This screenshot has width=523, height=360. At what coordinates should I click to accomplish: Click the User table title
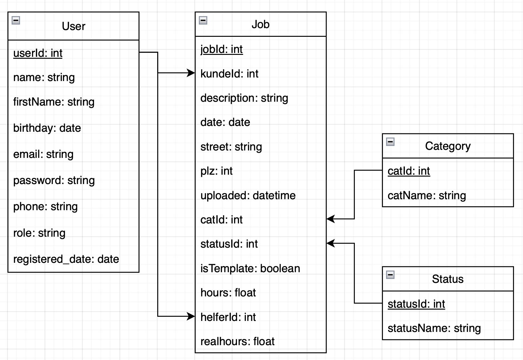click(x=74, y=26)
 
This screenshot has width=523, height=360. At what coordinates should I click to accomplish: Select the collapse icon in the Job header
click(x=203, y=21)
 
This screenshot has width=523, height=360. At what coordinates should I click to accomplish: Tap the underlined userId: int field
click(x=38, y=53)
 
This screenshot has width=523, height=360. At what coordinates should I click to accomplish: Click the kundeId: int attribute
click(x=229, y=74)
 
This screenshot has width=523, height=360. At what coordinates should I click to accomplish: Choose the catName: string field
click(x=426, y=195)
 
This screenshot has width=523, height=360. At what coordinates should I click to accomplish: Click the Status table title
click(x=447, y=279)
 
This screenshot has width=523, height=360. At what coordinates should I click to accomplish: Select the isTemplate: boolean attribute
click(x=250, y=268)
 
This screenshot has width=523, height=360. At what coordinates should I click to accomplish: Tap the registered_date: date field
click(x=66, y=259)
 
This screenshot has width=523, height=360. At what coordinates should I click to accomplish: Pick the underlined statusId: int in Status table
click(x=416, y=304)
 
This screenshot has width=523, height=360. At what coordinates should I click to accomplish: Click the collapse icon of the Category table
click(x=390, y=142)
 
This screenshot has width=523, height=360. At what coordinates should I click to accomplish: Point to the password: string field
click(x=54, y=180)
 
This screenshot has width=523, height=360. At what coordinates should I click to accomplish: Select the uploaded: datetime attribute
click(x=248, y=195)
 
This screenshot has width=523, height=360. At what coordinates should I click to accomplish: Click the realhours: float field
click(x=237, y=341)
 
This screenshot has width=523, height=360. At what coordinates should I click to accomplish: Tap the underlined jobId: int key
click(x=221, y=49)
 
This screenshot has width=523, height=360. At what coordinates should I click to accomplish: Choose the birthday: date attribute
click(x=47, y=128)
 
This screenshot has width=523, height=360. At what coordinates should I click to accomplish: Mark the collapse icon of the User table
click(x=16, y=21)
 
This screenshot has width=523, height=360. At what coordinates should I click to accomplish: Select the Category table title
click(x=447, y=146)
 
